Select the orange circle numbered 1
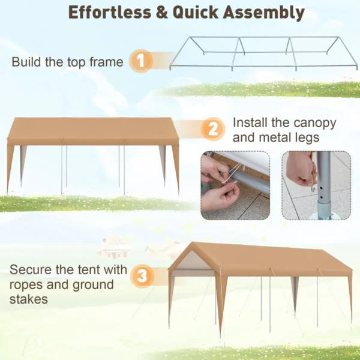point(141,61)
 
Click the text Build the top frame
point(67,62)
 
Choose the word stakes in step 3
point(28,299)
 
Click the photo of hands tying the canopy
point(235,185)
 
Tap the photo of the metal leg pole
point(316,185)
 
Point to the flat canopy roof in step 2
point(93,131)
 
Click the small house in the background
point(114,247)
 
